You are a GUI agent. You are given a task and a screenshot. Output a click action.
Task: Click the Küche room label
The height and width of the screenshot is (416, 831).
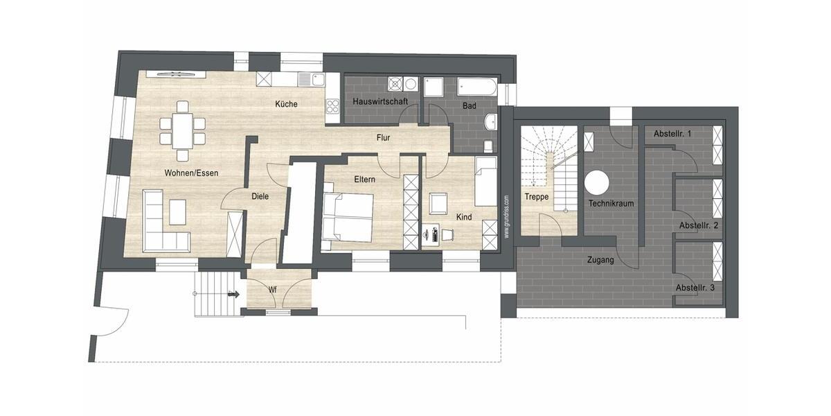tap(286, 104)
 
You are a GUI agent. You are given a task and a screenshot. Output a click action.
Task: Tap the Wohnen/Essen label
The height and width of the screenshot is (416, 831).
tap(191, 173)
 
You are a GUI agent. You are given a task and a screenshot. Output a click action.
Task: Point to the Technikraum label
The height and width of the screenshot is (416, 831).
tap(611, 203)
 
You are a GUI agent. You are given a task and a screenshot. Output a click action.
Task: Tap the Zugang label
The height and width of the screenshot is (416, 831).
tap(600, 261)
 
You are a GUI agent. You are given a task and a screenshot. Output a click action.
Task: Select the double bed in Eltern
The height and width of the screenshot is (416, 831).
tap(348, 216)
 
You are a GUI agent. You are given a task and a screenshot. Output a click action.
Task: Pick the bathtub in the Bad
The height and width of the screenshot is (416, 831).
tap(477, 87)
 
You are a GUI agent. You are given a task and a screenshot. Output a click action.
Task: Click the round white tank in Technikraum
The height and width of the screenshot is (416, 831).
tap(596, 183)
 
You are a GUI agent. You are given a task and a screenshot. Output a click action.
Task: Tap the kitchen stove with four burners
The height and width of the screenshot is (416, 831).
tap(332, 106)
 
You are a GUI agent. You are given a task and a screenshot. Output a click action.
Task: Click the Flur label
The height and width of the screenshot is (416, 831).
tap(384, 137)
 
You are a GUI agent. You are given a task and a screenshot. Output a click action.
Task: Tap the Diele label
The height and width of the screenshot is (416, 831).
tap(260, 196)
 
